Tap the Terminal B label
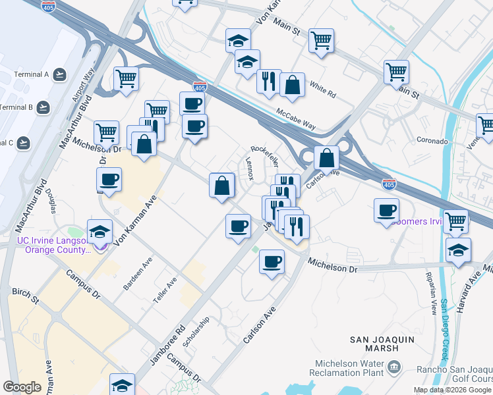point(16,107)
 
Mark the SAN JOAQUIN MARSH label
point(384,340)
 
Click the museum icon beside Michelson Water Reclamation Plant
point(394,367)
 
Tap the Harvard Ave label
point(466,283)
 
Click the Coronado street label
point(432,141)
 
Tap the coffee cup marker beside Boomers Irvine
point(386,211)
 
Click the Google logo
point(22,387)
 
